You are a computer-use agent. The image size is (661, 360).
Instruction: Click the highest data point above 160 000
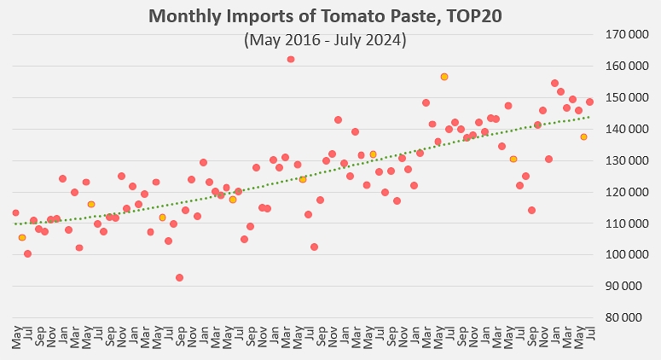(x=291, y=59)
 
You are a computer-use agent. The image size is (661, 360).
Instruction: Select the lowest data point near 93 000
(x=179, y=277)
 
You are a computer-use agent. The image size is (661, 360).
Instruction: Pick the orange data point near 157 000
(x=444, y=77)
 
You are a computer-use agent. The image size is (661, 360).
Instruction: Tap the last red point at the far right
(x=589, y=102)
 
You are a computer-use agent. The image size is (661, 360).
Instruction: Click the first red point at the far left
(x=15, y=212)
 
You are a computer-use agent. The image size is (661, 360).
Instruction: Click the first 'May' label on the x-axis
(x=16, y=334)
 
